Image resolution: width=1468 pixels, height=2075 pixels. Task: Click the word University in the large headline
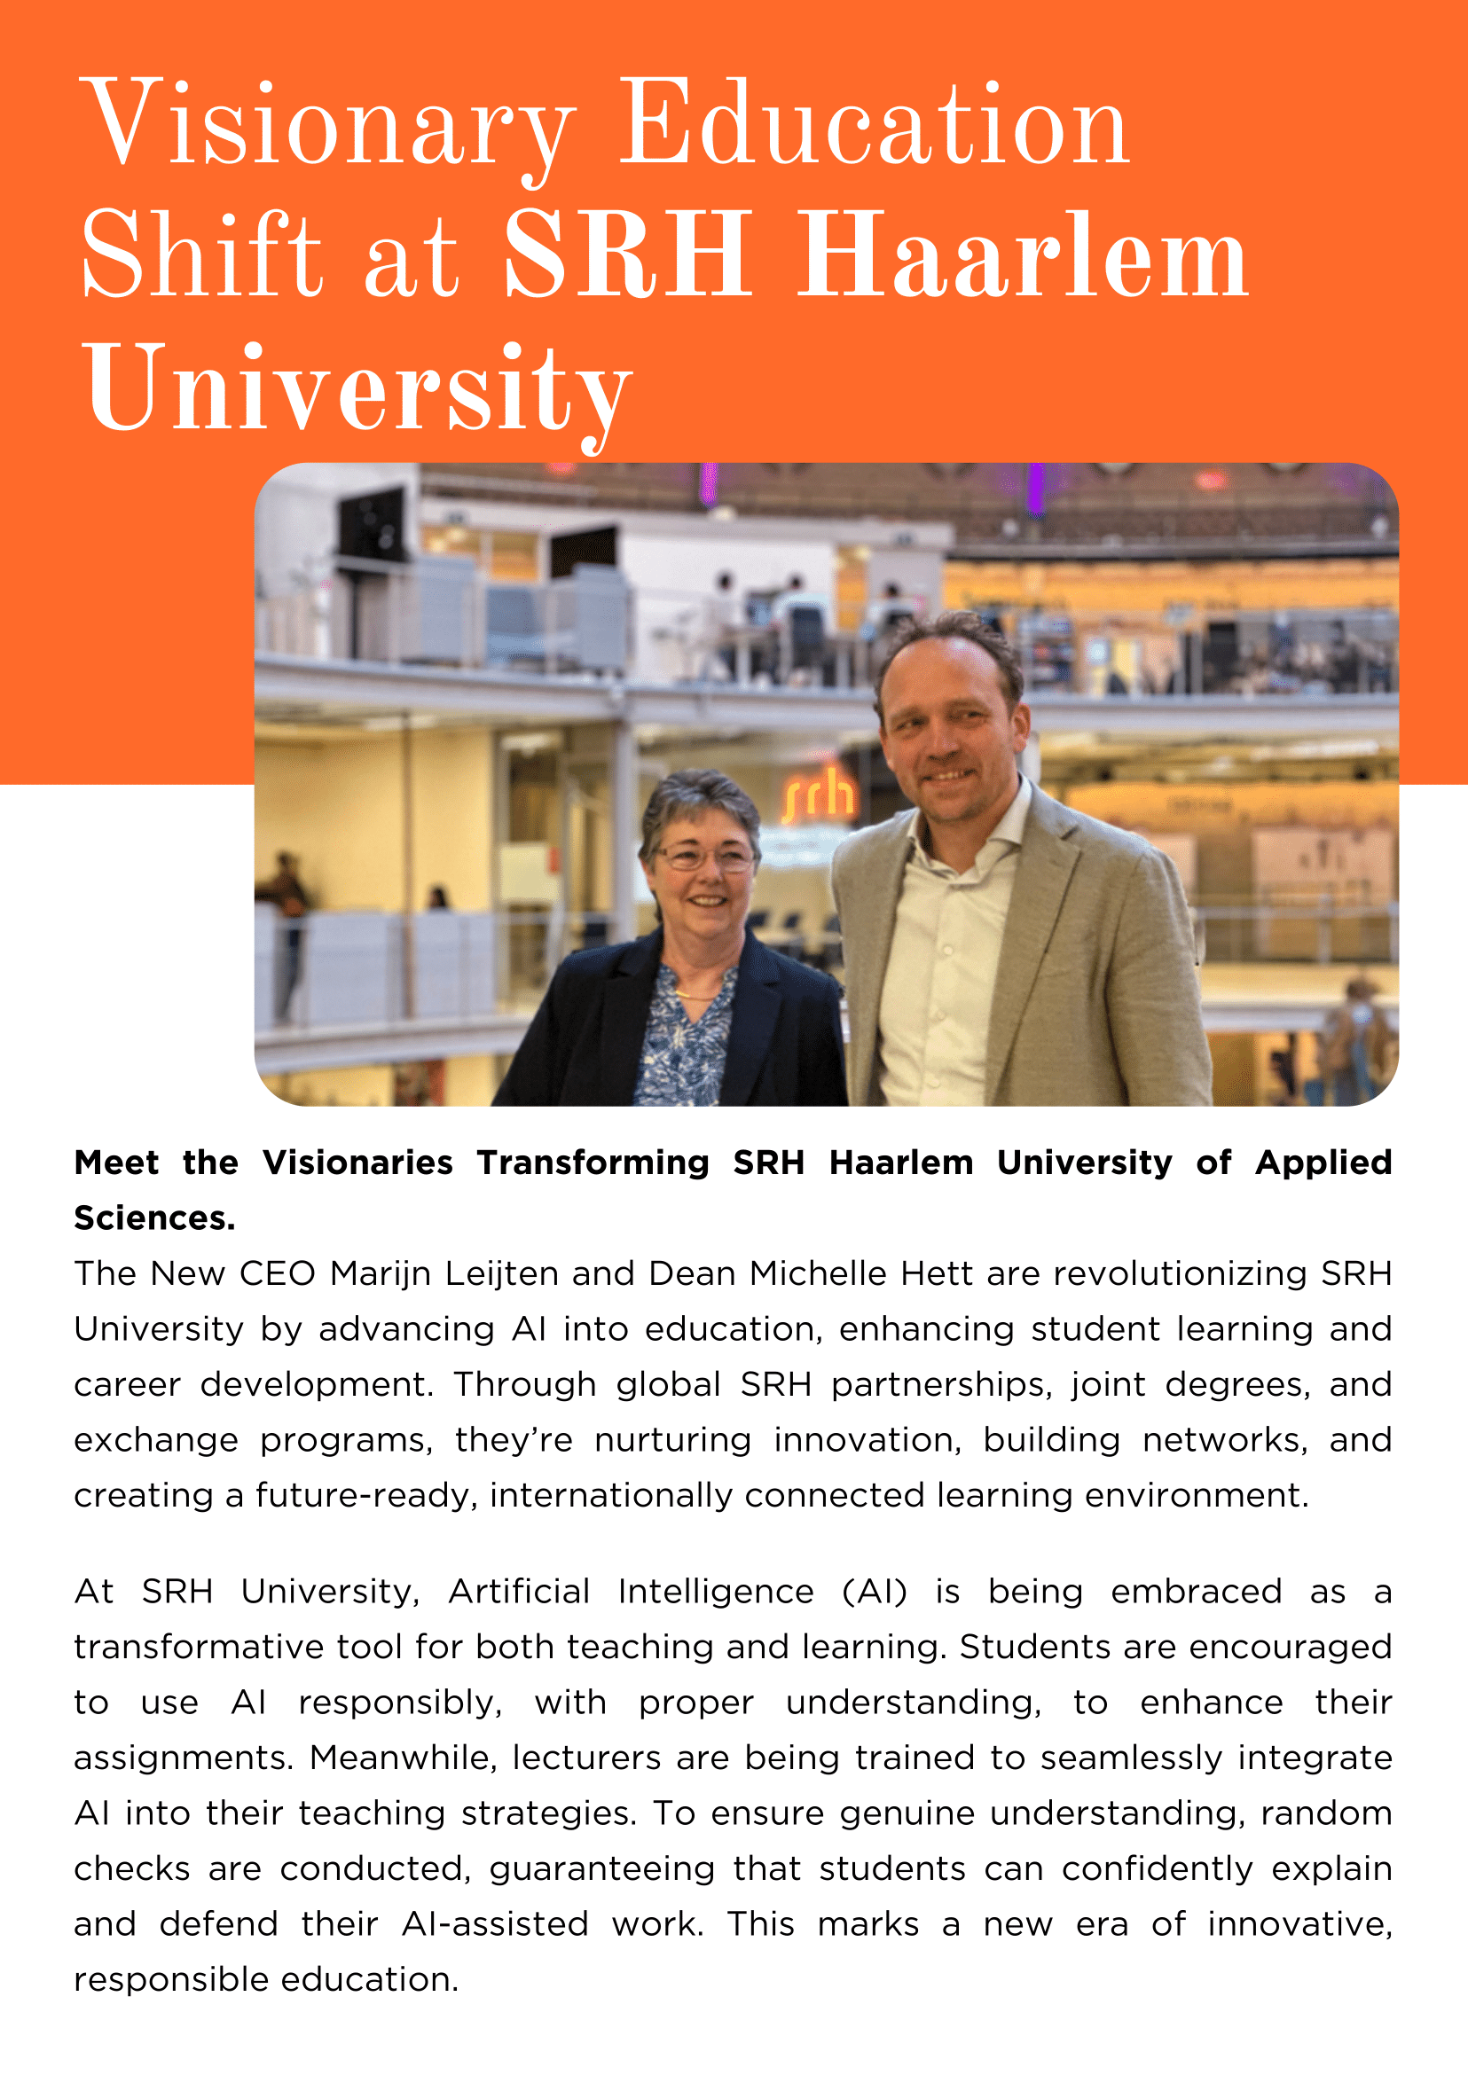pyautogui.click(x=358, y=389)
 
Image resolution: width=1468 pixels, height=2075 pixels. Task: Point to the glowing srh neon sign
pyautogui.click(x=819, y=794)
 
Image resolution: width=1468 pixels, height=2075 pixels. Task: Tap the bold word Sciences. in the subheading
pyautogui.click(x=154, y=1218)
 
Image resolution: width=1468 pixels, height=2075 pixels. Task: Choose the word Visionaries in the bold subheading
pyautogui.click(x=358, y=1163)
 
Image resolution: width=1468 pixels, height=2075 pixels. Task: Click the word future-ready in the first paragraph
pyautogui.click(x=366, y=1496)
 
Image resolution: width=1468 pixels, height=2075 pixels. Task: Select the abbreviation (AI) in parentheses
pyautogui.click(x=874, y=1592)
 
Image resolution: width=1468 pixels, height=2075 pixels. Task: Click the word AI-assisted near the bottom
pyautogui.click(x=495, y=1924)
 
